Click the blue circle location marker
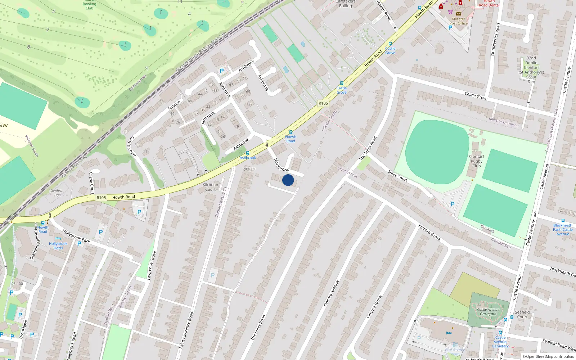[288, 180]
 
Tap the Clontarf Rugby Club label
[476, 161]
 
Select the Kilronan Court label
[210, 187]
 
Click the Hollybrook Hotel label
[58, 246]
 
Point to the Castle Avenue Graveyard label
[488, 312]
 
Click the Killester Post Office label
[458, 21]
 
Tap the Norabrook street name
[281, 165]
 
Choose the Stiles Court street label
[397, 176]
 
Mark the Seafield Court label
[522, 315]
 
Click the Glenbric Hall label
[56, 193]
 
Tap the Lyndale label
[249, 168]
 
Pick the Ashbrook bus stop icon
[247, 153]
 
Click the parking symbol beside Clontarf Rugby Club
[453, 204]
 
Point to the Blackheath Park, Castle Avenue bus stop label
[563, 230]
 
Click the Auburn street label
[174, 105]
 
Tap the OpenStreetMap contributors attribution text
[550, 356]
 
